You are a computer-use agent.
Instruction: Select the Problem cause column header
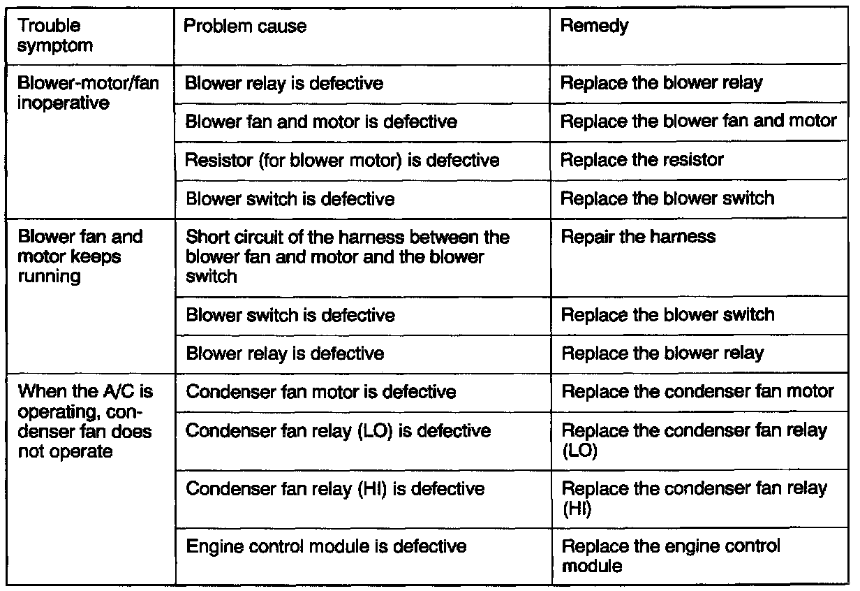coord(245,27)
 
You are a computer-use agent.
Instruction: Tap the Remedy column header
coord(595,27)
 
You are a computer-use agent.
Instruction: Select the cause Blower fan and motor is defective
coord(321,122)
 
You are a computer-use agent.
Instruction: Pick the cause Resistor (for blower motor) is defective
coord(342,160)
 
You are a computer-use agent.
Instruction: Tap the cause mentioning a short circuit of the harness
coord(347,256)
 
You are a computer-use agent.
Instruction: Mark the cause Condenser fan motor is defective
coord(320,391)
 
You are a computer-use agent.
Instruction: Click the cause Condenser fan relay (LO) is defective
coord(338,430)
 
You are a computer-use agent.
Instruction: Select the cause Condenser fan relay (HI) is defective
coord(335,488)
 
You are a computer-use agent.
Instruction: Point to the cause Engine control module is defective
coord(326,546)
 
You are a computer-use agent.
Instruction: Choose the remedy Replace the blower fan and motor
coord(699,122)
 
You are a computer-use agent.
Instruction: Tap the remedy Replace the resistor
coord(642,160)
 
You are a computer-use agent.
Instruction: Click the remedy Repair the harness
coord(638,237)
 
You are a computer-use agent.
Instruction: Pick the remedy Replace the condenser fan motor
coord(697,391)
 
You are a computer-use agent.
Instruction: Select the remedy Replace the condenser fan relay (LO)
coord(694,440)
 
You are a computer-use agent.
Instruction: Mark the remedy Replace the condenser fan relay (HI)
coord(694,498)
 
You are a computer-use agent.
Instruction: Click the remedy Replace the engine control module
coord(671,555)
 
